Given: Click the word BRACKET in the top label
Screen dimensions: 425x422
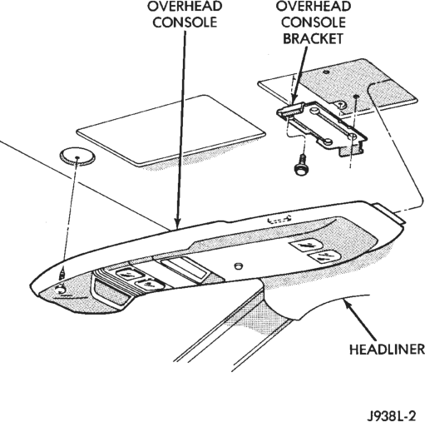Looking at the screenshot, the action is (x=313, y=38).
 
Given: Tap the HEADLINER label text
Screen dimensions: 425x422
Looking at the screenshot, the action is (x=387, y=350).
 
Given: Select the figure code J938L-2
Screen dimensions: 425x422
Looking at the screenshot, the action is (x=392, y=416).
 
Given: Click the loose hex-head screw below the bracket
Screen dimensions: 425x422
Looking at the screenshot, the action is (x=300, y=166).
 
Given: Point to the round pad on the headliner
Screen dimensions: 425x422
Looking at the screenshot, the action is (x=77, y=157).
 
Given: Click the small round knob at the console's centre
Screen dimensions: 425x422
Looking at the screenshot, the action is (x=238, y=266).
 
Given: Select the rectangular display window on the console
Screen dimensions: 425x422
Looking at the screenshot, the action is (x=185, y=268).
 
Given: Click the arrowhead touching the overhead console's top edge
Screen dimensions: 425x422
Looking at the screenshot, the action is (x=177, y=223).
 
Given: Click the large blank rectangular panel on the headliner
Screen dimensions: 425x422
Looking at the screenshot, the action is (x=171, y=131).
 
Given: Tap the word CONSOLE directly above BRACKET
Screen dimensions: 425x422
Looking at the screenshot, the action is (x=314, y=22).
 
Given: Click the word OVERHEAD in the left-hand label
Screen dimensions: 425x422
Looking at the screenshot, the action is (x=185, y=6).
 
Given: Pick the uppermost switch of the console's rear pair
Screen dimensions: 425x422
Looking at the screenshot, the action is (x=306, y=246).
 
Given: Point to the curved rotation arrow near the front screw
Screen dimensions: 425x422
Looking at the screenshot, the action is (x=61, y=290).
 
